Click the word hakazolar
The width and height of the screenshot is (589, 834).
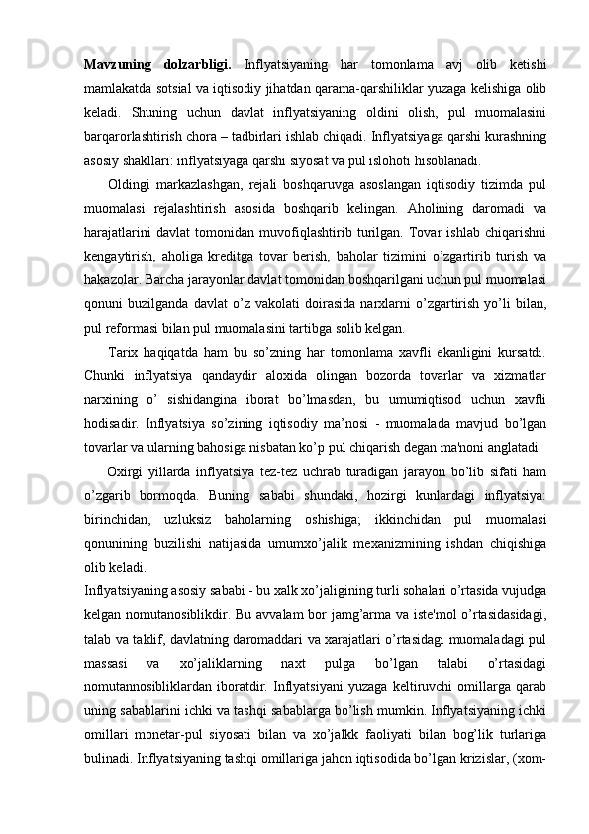118,272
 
